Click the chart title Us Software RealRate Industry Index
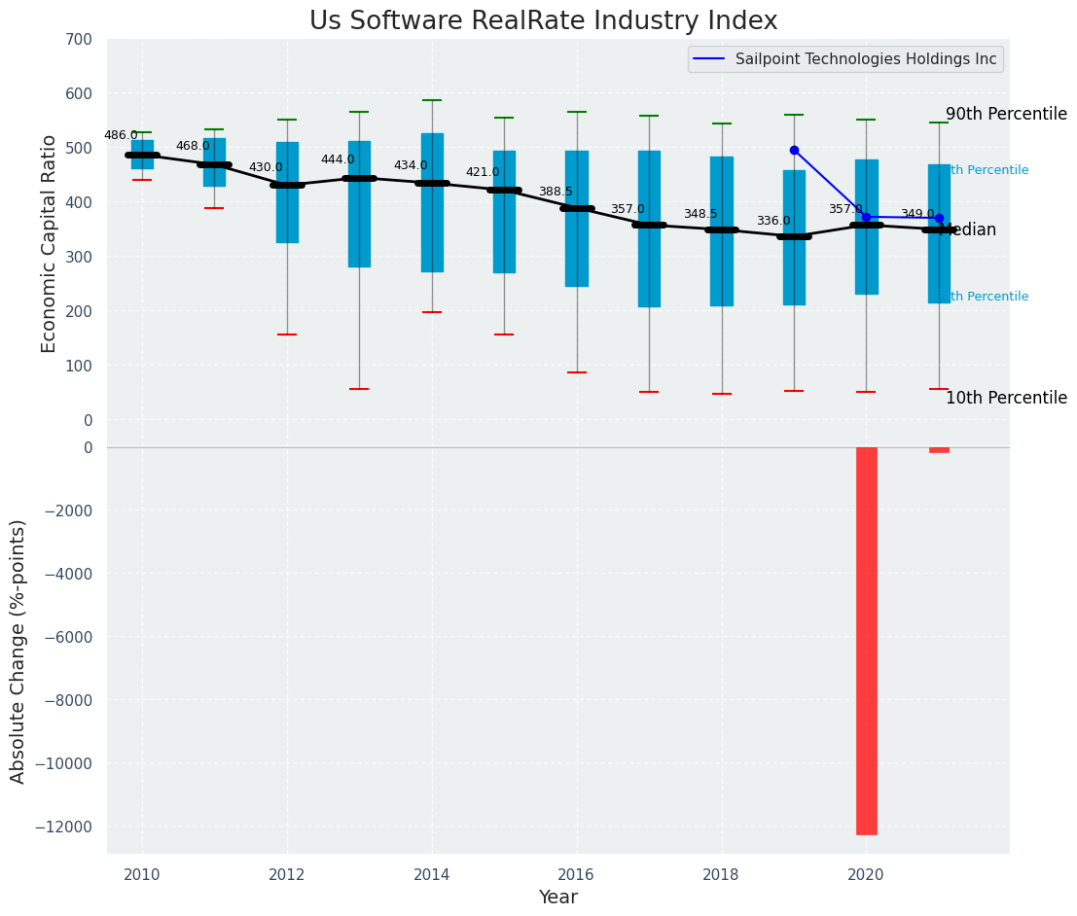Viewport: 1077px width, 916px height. pyautogui.click(x=543, y=21)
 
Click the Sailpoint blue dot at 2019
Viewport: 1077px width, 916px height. pyautogui.click(x=794, y=150)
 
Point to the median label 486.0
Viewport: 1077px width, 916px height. pyautogui.click(x=121, y=135)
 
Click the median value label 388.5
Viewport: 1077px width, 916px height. pyautogui.click(x=556, y=192)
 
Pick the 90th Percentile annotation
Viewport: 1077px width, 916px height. pyautogui.click(x=1006, y=114)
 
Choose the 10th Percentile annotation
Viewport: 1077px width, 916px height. pyautogui.click(x=1006, y=398)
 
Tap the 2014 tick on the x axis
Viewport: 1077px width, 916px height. pyautogui.click(x=432, y=874)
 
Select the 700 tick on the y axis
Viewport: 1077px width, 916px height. pyautogui.click(x=80, y=39)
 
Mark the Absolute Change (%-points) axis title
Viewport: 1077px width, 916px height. pyautogui.click(x=18, y=651)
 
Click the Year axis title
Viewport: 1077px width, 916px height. pyautogui.click(x=558, y=898)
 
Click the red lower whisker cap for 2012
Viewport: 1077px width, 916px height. pyautogui.click(x=287, y=335)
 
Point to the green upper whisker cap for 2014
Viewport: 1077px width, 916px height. pyautogui.click(x=432, y=100)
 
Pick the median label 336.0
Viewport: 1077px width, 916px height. pyautogui.click(x=773, y=221)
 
